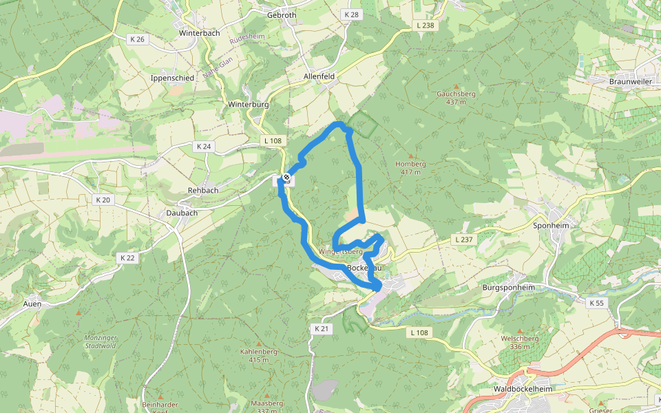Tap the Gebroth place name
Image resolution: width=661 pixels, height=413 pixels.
(x=281, y=14)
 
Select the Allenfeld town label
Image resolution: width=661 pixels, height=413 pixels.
(x=319, y=76)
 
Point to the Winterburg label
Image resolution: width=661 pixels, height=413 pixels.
(x=247, y=105)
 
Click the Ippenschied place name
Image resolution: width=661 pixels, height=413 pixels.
(x=172, y=78)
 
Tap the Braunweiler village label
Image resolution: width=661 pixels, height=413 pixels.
(x=630, y=81)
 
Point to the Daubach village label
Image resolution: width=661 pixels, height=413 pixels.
(x=182, y=213)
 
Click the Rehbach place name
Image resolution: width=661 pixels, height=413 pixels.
(x=203, y=190)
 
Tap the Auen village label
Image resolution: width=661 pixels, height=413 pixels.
(x=32, y=304)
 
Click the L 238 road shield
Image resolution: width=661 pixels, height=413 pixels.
(x=426, y=25)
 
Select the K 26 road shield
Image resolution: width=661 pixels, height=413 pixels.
(x=136, y=39)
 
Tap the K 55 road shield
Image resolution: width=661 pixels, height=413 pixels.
(x=597, y=302)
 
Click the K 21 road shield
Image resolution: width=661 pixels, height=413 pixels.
(x=322, y=329)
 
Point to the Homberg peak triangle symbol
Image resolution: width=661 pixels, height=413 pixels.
(x=411, y=156)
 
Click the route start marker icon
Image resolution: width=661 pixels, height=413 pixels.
(x=286, y=178)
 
